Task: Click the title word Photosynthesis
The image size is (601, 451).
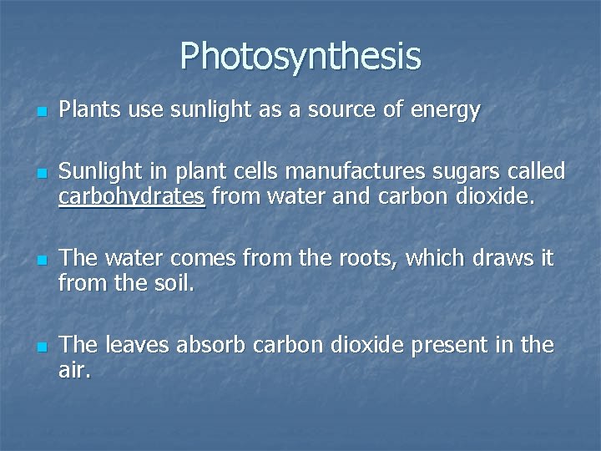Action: click(300, 56)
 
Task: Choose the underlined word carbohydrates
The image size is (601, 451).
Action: click(132, 198)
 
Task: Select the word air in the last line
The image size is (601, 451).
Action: click(73, 370)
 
